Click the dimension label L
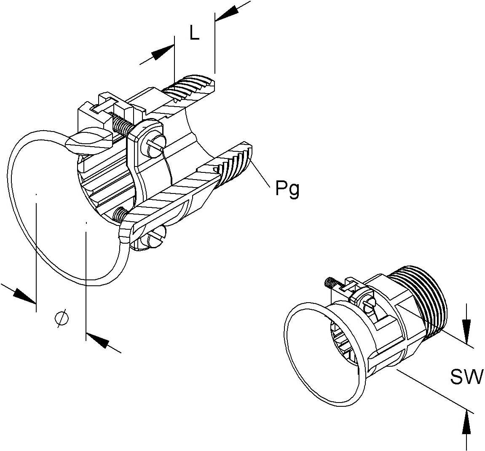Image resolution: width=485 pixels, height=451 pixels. pyautogui.click(x=194, y=33)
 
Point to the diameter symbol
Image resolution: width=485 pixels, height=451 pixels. pyautogui.click(x=62, y=319)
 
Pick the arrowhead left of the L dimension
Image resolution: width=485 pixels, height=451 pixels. pyautogui.click(x=162, y=54)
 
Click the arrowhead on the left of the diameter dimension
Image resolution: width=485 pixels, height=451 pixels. pyautogui.click(x=24, y=295)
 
